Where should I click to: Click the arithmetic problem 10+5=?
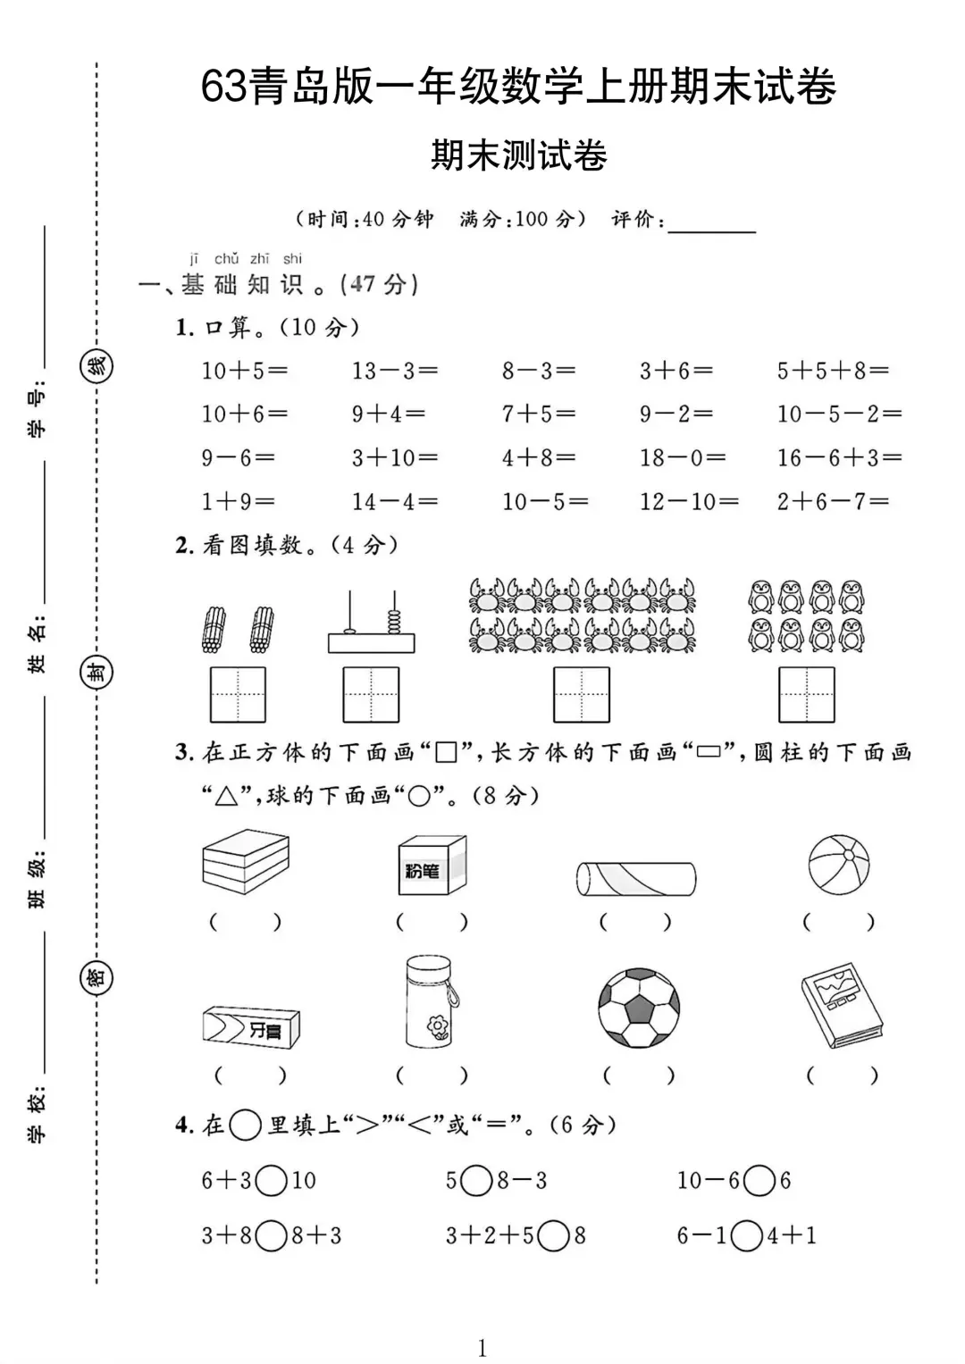pyautogui.click(x=244, y=371)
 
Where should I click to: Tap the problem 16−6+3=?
pyautogui.click(x=839, y=458)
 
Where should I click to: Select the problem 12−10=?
pyautogui.click(x=688, y=502)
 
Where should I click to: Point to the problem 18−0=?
pyautogui.click(x=682, y=458)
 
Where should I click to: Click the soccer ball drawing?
pyautogui.click(x=639, y=1008)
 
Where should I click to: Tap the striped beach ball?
pyautogui.click(x=838, y=865)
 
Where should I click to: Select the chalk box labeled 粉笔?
pyautogui.click(x=432, y=865)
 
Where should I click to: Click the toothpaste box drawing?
pyautogui.click(x=251, y=1027)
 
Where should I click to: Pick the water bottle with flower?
pyautogui.click(x=430, y=1001)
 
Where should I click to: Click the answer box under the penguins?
pyautogui.click(x=807, y=695)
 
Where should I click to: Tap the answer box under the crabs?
pyautogui.click(x=582, y=695)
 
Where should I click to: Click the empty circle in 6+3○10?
pyautogui.click(x=271, y=1181)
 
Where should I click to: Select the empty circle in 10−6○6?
pyautogui.click(x=759, y=1181)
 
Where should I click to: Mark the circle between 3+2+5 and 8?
pyautogui.click(x=554, y=1236)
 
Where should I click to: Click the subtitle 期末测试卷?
pyautogui.click(x=519, y=155)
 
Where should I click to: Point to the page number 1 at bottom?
pyautogui.click(x=482, y=1348)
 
